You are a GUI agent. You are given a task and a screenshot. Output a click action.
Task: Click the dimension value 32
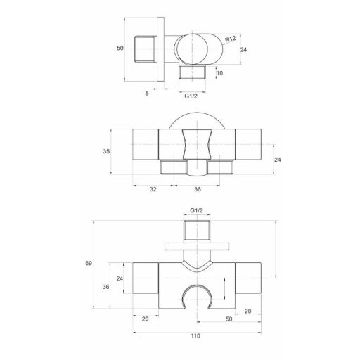pyautogui.click(x=153, y=188)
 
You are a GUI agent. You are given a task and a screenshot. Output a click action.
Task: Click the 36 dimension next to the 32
pyautogui.click(x=198, y=188)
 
